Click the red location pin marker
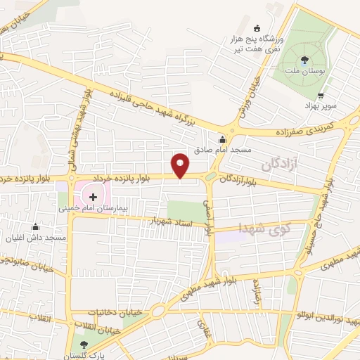(x=181, y=165)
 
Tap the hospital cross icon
(x=94, y=198)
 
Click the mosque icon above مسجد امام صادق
(x=222, y=139)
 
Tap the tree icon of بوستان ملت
(x=304, y=60)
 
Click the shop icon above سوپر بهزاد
(x=321, y=95)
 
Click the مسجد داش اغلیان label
(x=34, y=238)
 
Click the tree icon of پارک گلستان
(x=84, y=344)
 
